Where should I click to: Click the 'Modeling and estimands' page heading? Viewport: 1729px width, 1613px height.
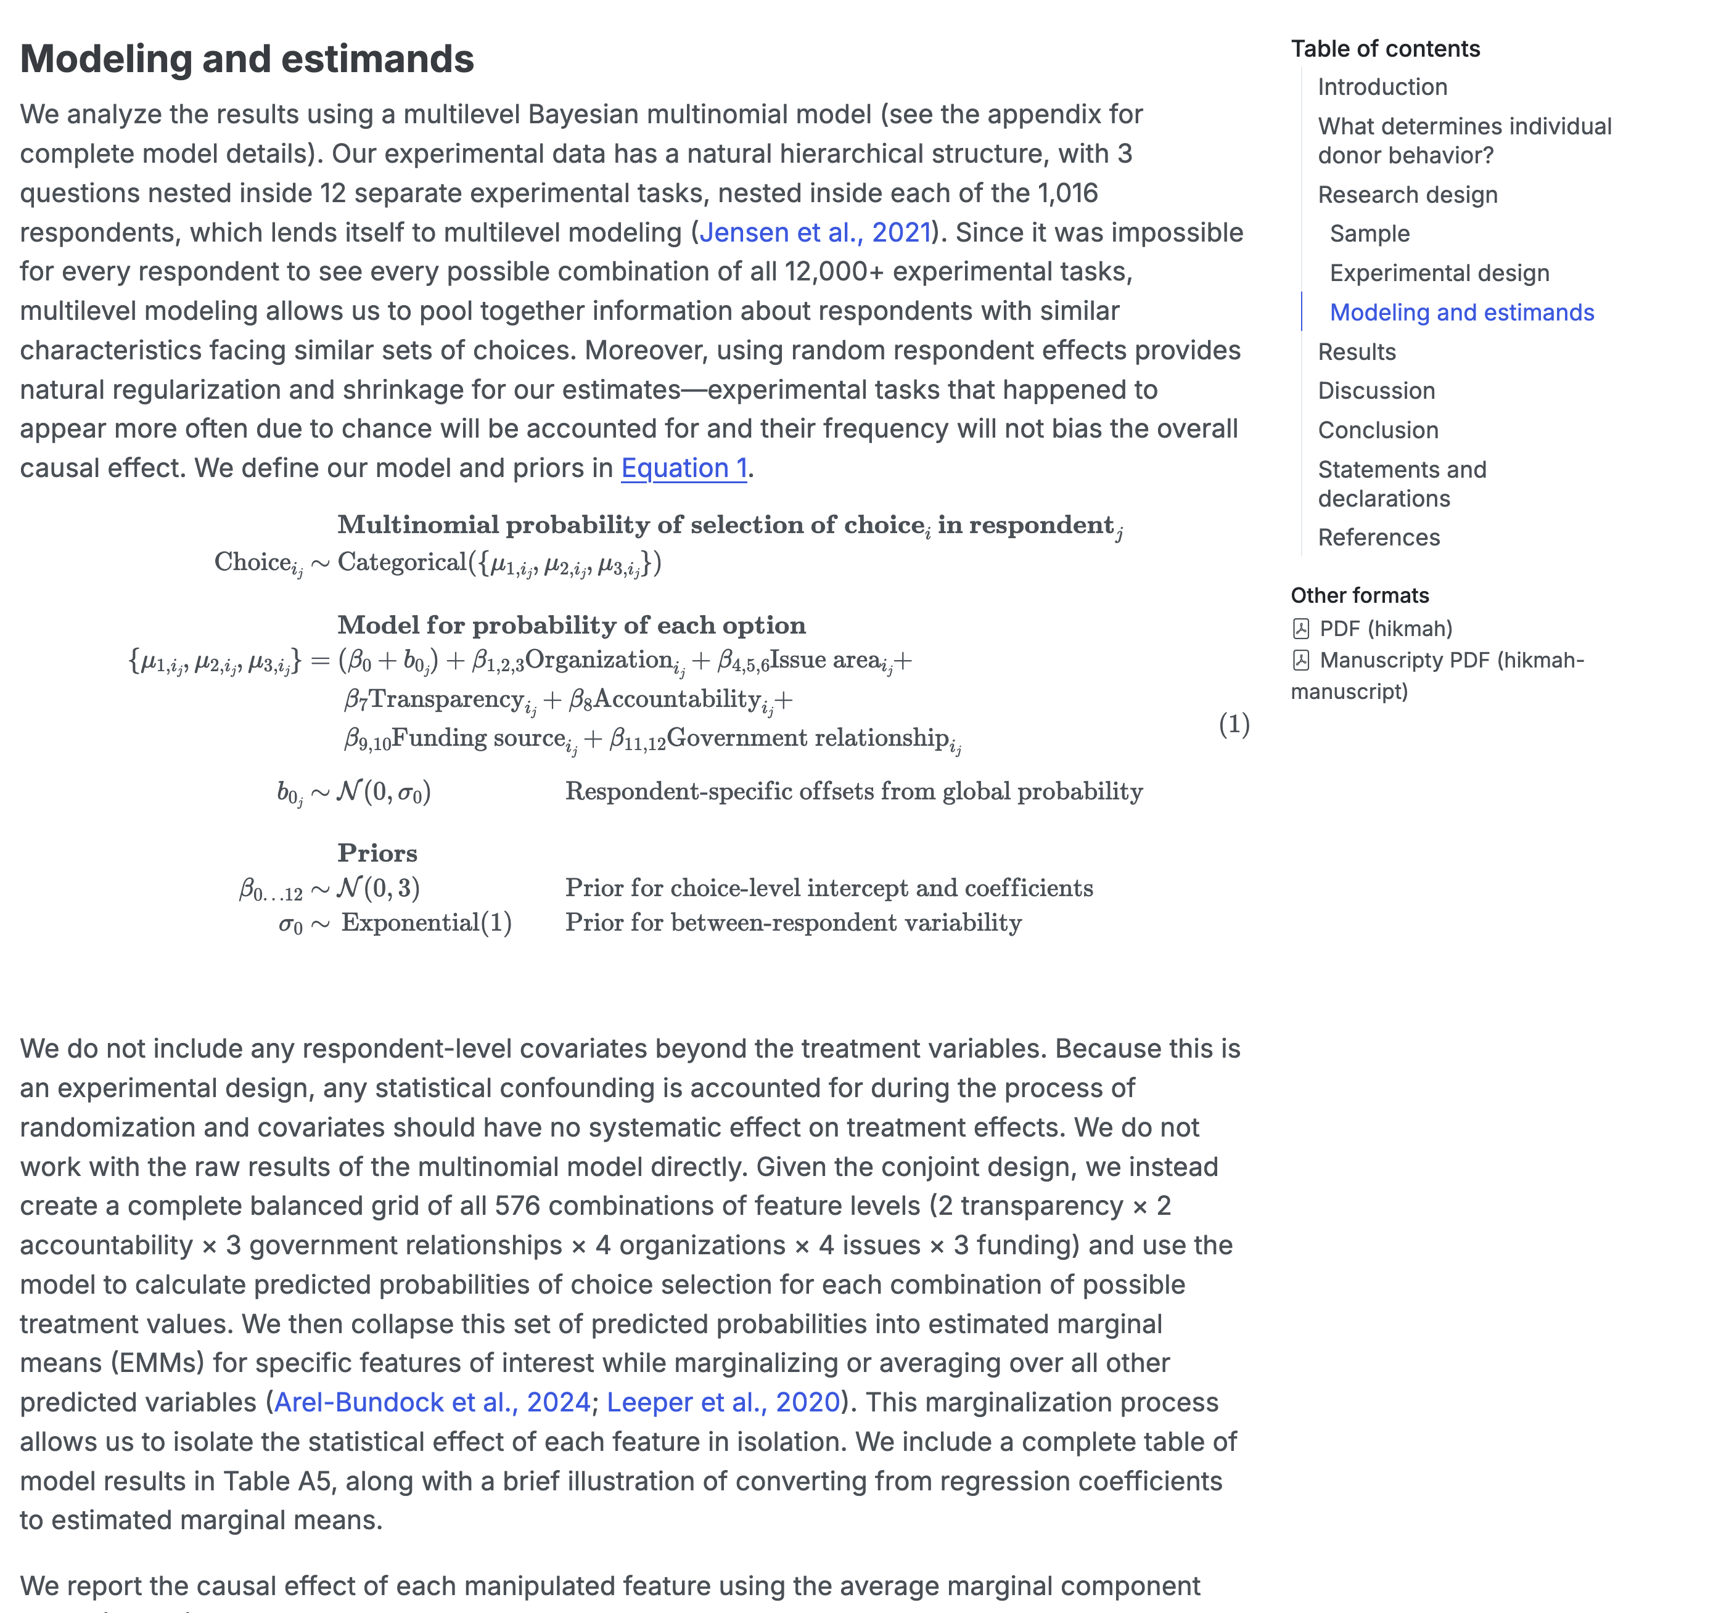247,59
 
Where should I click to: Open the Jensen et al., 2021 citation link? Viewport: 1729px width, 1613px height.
815,232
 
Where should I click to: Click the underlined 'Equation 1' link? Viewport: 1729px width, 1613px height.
684,468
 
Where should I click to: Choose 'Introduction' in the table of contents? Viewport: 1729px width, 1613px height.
1382,87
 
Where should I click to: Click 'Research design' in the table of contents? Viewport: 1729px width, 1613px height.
1407,195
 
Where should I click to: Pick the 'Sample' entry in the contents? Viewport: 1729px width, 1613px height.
1369,234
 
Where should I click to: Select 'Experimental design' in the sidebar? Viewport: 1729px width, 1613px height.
1439,273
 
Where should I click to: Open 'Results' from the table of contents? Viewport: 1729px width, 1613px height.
1356,352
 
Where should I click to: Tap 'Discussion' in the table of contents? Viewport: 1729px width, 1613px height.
1376,391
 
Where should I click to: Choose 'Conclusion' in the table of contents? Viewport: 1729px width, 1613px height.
1378,430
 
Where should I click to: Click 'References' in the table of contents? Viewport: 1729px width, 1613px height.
1379,537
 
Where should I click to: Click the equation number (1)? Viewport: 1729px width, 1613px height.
1233,724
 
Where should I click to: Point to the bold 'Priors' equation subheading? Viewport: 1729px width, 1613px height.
377,853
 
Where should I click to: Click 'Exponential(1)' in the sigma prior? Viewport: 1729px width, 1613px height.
426,923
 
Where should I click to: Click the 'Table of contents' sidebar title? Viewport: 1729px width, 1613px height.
1384,49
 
